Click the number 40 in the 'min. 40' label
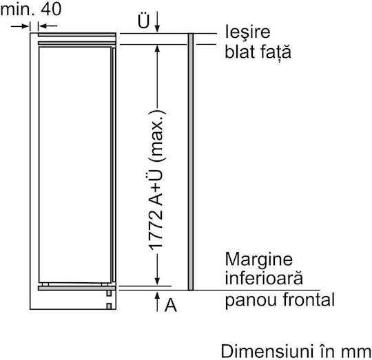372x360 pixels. (x=51, y=10)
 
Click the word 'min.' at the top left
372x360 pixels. (x=17, y=10)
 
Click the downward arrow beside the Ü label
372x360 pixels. (x=157, y=21)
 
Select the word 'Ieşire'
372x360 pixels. (x=247, y=32)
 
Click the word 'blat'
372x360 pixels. (x=239, y=52)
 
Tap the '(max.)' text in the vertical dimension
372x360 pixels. (x=157, y=136)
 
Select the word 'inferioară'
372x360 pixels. (x=264, y=278)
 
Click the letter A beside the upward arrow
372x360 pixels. (x=171, y=305)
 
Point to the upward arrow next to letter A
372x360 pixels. (x=157, y=301)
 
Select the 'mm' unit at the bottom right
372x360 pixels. (x=355, y=353)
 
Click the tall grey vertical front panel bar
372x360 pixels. (x=191, y=162)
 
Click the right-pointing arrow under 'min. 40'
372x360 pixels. (x=20, y=26)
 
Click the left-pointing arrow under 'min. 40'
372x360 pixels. (x=48, y=26)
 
